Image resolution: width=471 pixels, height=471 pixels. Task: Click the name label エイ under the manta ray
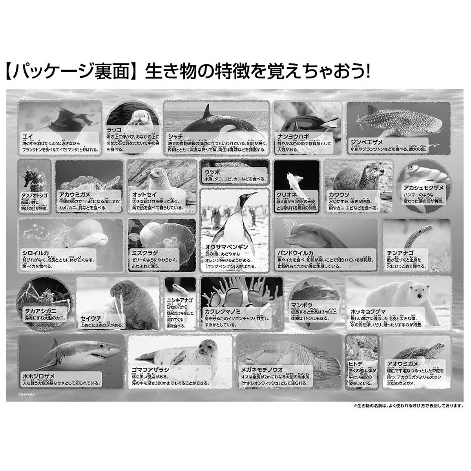pos(28,136)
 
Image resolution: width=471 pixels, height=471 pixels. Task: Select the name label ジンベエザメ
pos(367,142)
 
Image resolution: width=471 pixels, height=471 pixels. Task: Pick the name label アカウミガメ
pos(75,194)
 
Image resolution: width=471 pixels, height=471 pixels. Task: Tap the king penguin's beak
pos(250,195)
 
